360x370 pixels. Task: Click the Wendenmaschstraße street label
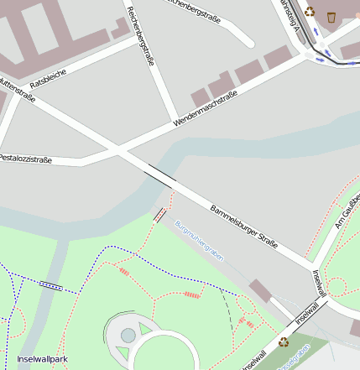tap(205, 109)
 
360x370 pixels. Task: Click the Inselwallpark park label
tap(41, 359)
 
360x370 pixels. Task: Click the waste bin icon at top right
tap(332, 16)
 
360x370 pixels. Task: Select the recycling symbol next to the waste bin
tap(310, 12)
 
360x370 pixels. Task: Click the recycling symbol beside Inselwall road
tap(284, 341)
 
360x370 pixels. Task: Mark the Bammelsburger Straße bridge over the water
tap(160, 175)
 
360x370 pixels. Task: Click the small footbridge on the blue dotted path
tap(51, 284)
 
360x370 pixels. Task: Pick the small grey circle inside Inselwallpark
tap(128, 335)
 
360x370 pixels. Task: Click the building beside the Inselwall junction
tap(260, 291)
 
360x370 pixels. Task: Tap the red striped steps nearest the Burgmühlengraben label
tap(193, 294)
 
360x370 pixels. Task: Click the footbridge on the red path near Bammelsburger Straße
tap(159, 215)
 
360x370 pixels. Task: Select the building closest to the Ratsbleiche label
tap(119, 29)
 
